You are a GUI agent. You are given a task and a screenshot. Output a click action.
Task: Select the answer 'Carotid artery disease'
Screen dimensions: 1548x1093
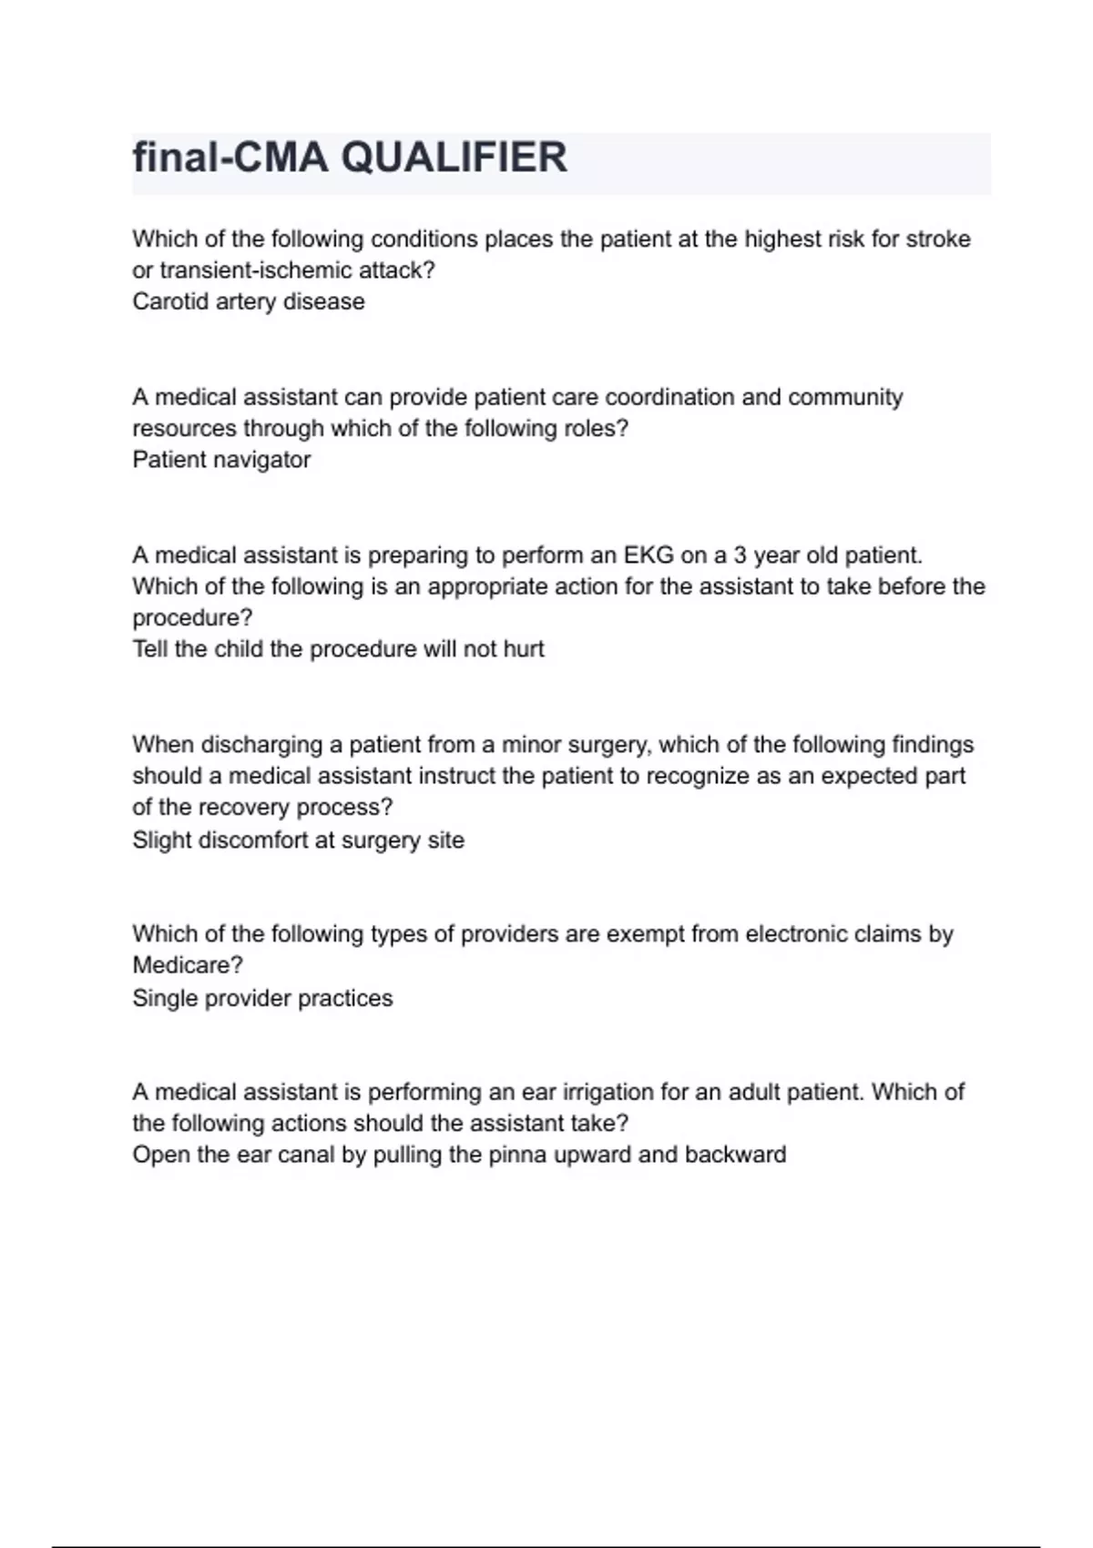pos(249,301)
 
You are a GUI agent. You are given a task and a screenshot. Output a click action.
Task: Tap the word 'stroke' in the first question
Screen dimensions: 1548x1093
pos(937,239)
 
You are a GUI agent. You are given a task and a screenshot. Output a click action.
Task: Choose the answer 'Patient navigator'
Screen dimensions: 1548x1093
pos(221,460)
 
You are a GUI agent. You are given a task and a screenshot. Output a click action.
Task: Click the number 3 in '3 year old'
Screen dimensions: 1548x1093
pos(741,555)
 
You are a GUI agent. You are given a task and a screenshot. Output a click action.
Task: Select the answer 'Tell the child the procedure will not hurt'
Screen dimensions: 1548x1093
pos(338,649)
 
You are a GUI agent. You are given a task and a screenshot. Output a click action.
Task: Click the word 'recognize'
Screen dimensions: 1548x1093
pos(697,776)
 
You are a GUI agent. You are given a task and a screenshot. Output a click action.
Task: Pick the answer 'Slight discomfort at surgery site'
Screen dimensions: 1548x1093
pos(298,840)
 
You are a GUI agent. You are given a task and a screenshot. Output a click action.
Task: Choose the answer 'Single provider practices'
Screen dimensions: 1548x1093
pos(262,998)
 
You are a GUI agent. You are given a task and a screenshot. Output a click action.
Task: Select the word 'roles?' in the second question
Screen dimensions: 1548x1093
pos(596,429)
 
